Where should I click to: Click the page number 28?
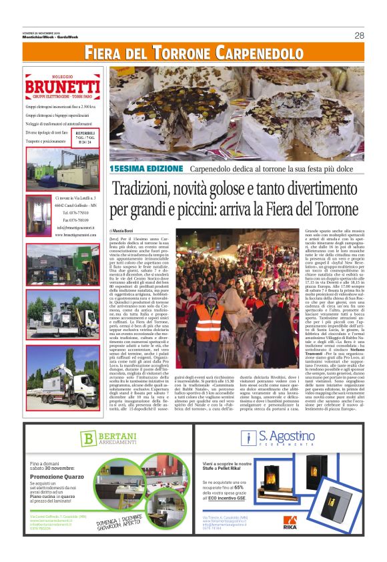tap(359, 35)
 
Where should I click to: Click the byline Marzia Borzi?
tap(127, 230)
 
